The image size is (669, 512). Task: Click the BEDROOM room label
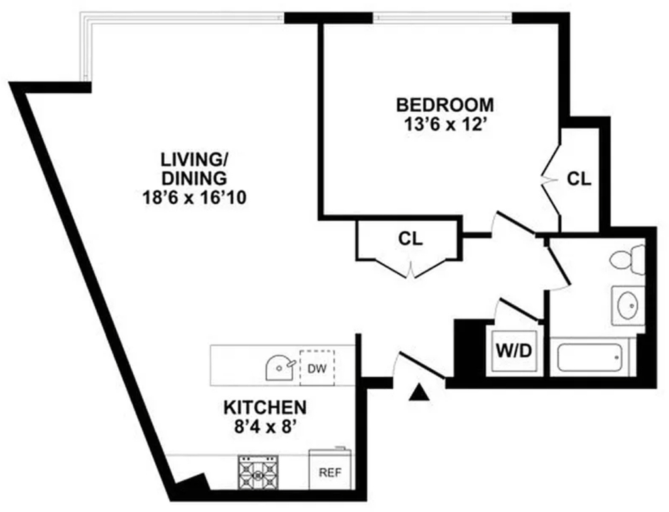point(445,104)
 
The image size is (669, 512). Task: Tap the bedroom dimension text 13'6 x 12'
point(445,125)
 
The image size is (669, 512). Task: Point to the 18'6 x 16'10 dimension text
point(195,198)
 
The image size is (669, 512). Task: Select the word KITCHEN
point(265,408)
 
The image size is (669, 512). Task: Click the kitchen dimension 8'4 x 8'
point(265,426)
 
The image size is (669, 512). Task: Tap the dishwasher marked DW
point(317,368)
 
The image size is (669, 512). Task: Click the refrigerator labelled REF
point(330,469)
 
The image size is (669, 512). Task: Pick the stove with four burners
point(257,472)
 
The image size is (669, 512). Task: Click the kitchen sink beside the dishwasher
point(280,368)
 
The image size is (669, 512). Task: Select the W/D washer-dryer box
point(514,351)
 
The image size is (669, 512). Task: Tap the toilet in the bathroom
point(628,259)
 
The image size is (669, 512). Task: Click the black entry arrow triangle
point(419,392)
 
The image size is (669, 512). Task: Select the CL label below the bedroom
point(410,239)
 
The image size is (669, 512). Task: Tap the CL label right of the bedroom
point(579,179)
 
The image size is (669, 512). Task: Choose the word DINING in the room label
point(194,178)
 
